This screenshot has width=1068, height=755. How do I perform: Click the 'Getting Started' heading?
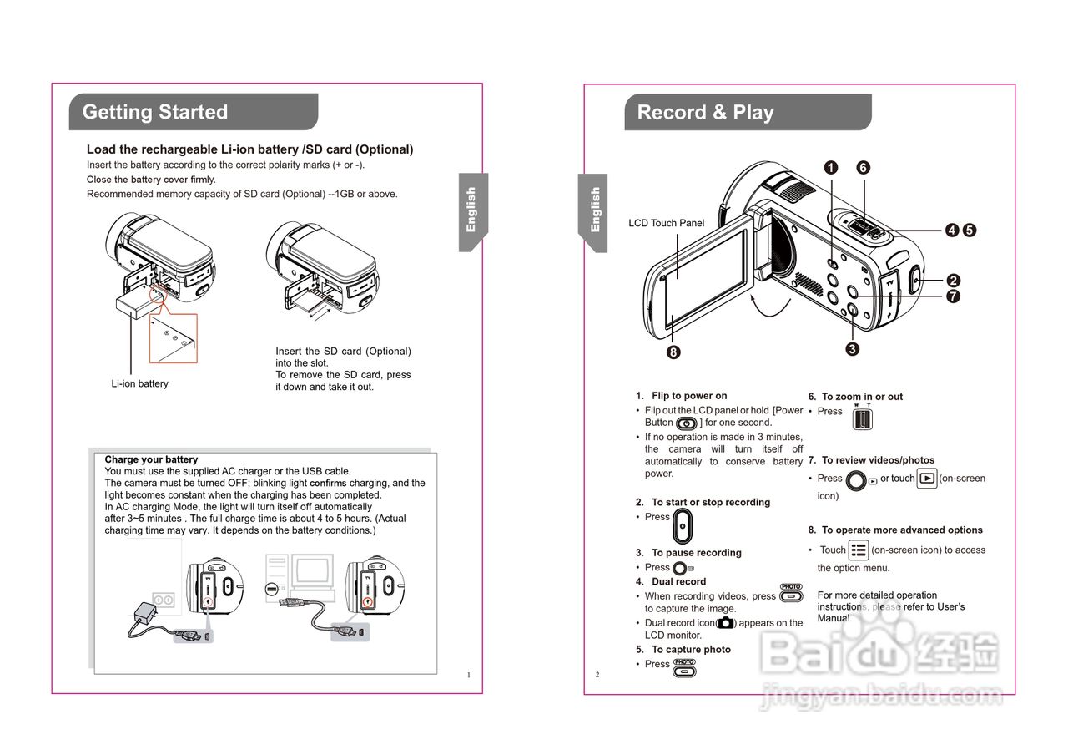point(155,113)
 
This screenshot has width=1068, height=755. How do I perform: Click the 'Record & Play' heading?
point(705,113)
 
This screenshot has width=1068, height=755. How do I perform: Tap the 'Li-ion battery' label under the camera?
point(140,384)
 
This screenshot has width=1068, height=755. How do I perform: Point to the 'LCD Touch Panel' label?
point(666,223)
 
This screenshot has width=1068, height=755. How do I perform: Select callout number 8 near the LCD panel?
point(673,352)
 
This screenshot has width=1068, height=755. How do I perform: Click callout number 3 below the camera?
point(852,349)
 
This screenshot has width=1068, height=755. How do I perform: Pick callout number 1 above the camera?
point(831,167)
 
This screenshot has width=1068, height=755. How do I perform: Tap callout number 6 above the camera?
point(863,167)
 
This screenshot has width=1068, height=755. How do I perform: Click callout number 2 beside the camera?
point(953,281)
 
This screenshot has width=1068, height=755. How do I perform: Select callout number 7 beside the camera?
point(953,296)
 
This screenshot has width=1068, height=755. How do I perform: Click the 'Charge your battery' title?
point(151,459)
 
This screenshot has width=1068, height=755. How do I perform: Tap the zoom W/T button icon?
point(862,417)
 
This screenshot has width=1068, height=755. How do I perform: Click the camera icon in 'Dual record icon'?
point(726,623)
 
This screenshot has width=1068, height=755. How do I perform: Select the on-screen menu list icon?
point(858,550)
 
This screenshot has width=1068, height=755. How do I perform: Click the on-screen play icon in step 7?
point(926,479)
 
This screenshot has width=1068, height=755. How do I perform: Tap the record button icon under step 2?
point(683,525)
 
